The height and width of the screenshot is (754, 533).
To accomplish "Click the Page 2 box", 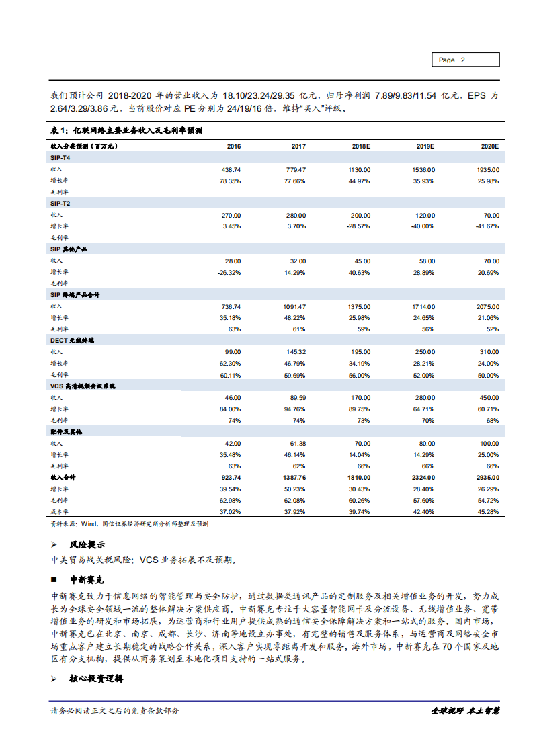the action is point(464,60).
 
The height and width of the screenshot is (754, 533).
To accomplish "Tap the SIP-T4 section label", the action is point(60,157).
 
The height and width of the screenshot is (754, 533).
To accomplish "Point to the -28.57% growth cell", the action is point(357,226).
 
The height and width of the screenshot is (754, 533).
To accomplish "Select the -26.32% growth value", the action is point(229,272).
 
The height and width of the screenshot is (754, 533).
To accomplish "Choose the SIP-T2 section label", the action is point(60,203).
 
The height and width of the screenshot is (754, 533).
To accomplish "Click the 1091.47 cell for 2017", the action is point(292,306).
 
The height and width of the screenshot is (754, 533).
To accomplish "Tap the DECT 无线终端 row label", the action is point(73,341).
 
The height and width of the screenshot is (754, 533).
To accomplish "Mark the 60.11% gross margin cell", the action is point(229,374).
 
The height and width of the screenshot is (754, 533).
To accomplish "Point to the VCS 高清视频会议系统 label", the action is point(83,386).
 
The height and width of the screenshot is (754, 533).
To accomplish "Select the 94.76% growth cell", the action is point(294,409).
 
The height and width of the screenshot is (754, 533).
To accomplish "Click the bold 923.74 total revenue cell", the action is point(229,477).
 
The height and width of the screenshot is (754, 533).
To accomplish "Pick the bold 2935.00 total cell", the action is point(487,477).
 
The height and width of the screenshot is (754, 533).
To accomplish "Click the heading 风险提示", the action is point(87,544).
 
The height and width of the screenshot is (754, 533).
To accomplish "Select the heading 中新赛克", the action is point(87,579).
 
